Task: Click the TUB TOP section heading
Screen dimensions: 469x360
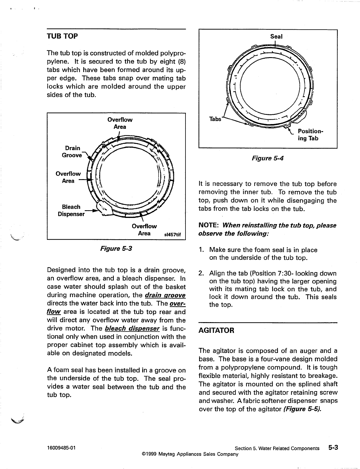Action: pos(63,36)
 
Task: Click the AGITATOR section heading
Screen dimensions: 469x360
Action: pos(216,330)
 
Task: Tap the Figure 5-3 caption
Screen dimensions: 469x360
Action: pos(116,248)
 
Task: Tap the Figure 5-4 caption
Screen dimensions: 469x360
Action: pos(268,158)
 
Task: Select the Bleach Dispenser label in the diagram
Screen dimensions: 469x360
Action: pos(71,210)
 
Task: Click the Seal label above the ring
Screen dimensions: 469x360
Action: pos(276,36)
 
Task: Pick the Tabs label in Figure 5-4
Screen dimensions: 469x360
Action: pos(215,119)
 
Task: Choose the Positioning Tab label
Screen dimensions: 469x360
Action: pos(310,135)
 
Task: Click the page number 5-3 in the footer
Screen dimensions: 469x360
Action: pos(333,448)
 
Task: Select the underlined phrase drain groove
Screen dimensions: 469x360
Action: pos(165,295)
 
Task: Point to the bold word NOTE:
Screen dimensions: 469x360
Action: pos(209,226)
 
